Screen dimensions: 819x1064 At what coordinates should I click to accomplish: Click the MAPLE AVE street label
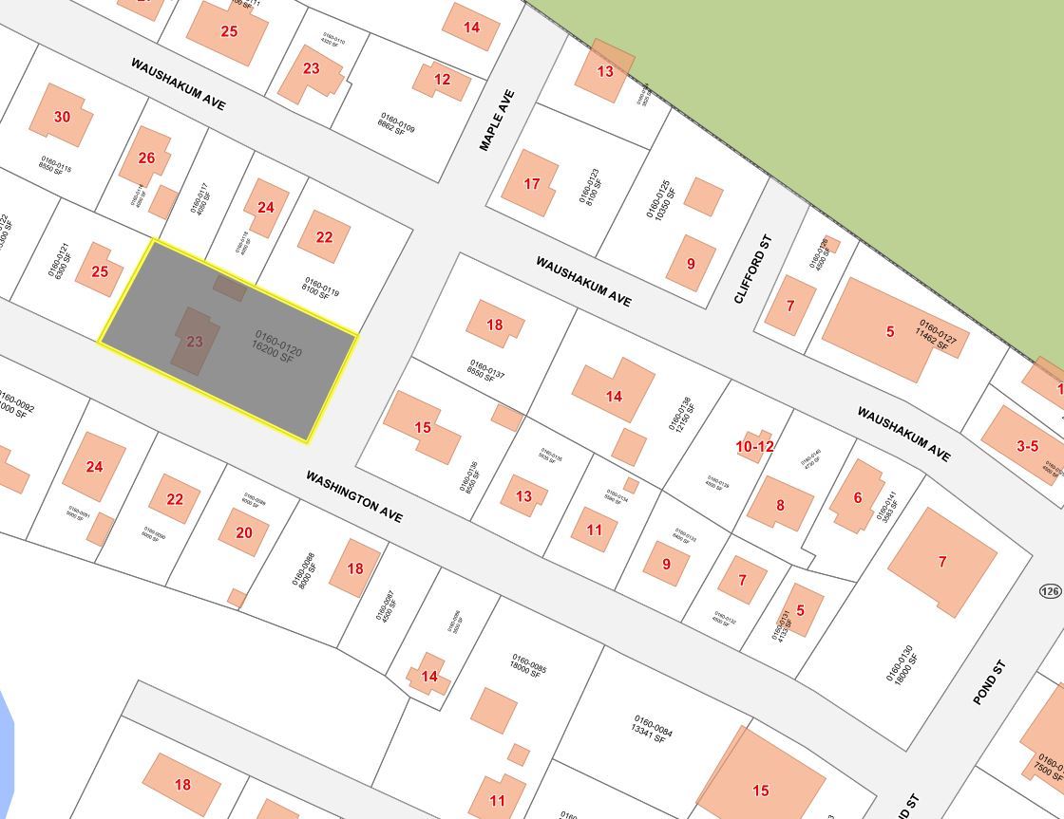497,121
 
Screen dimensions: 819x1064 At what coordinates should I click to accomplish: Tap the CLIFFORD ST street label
753,270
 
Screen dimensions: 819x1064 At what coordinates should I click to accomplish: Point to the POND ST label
989,681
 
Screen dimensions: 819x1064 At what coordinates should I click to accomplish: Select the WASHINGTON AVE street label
354,495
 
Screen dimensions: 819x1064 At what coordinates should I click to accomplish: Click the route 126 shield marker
1050,591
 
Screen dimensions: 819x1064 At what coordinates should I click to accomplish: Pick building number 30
62,118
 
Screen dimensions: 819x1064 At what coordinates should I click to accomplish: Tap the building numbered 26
146,158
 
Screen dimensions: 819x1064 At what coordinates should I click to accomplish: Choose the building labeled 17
532,184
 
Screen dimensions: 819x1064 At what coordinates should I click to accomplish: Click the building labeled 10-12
754,446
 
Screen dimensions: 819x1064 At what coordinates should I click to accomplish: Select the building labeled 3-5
1027,446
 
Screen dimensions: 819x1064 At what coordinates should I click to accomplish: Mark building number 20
244,533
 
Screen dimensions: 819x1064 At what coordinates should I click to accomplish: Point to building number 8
780,505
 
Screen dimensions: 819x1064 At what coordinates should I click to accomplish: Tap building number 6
857,497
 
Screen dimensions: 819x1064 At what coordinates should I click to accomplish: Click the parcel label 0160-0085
529,663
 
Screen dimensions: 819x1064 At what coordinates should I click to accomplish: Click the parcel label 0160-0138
681,414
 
